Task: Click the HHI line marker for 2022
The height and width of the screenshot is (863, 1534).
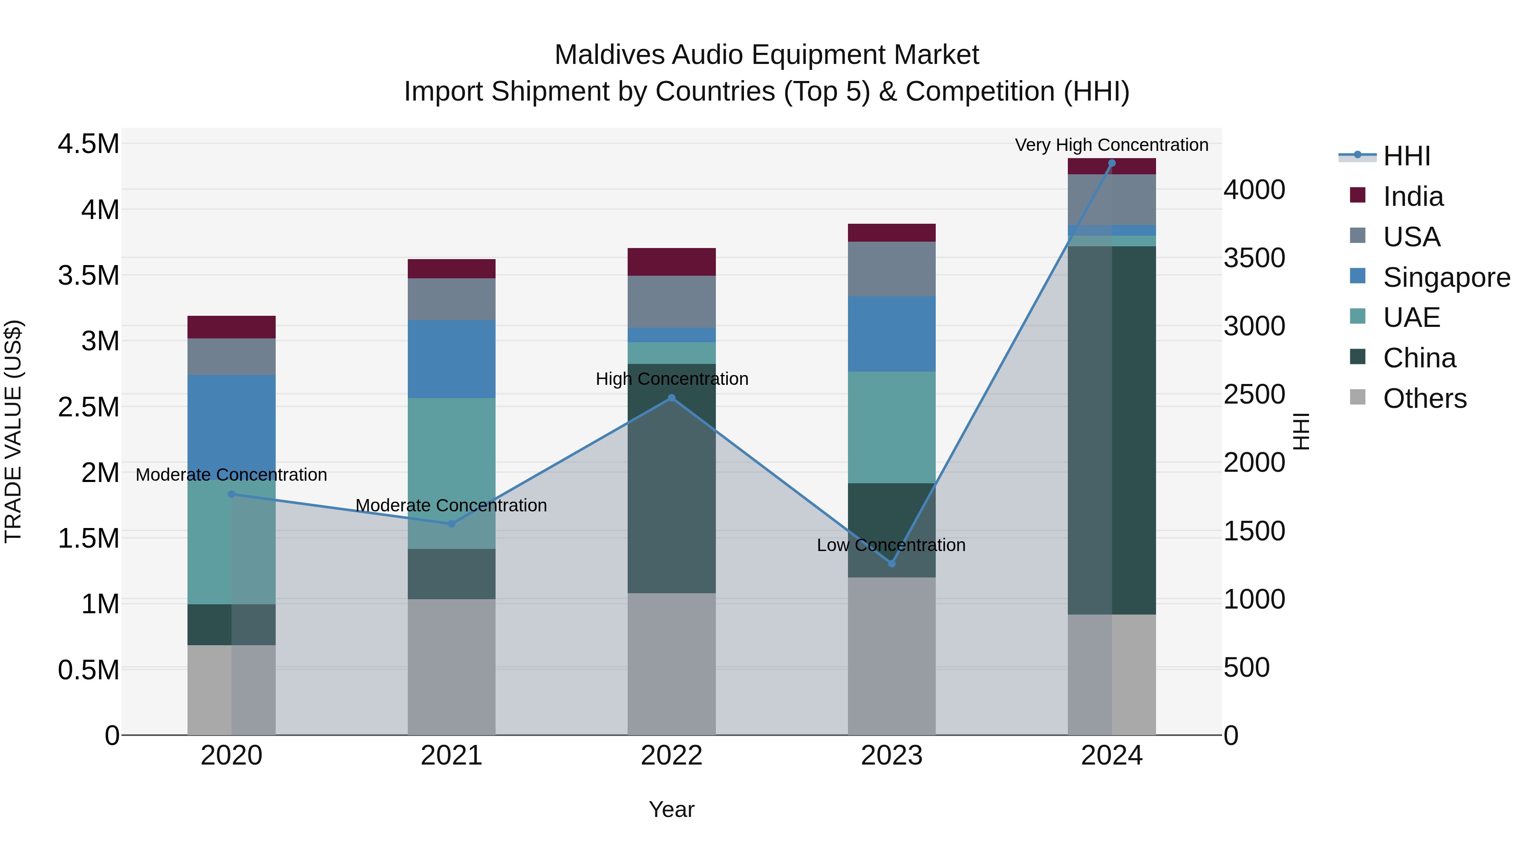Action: click(672, 398)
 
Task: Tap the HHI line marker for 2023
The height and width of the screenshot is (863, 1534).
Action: click(891, 563)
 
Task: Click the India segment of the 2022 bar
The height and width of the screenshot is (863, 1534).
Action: click(672, 262)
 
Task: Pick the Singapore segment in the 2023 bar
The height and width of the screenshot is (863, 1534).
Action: click(891, 334)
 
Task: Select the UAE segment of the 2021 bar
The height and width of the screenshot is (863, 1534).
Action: click(451, 473)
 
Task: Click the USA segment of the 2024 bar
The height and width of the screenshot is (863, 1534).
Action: click(1111, 199)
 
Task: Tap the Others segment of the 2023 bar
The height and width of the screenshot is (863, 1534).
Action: click(891, 655)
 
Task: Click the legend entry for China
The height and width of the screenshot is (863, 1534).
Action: click(1419, 358)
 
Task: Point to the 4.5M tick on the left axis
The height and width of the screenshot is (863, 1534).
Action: click(88, 144)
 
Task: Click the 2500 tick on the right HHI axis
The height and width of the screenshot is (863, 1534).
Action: click(1254, 394)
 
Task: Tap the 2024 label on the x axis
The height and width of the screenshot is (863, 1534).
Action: click(1111, 756)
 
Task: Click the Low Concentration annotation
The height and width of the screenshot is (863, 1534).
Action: click(891, 545)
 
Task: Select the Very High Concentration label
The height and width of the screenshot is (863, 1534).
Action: click(1111, 145)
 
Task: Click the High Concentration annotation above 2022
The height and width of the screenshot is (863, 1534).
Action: click(672, 379)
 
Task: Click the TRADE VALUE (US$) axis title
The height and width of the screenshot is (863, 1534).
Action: click(13, 431)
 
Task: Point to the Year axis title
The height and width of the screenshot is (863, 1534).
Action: click(671, 809)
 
